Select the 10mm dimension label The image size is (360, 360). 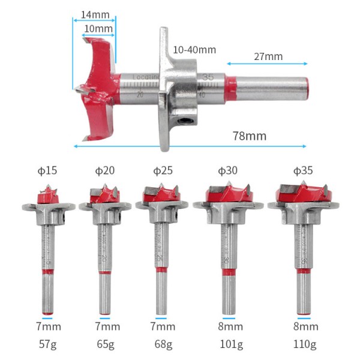pos(98,28)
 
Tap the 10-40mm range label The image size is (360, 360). pos(194,50)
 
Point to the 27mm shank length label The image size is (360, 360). pos(268,56)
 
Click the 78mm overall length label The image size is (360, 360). pos(249,136)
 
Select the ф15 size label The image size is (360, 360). pos(47,171)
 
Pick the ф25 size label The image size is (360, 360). pos(163,171)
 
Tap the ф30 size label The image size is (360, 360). pos(227,171)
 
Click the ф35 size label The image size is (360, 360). pos(298,171)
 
